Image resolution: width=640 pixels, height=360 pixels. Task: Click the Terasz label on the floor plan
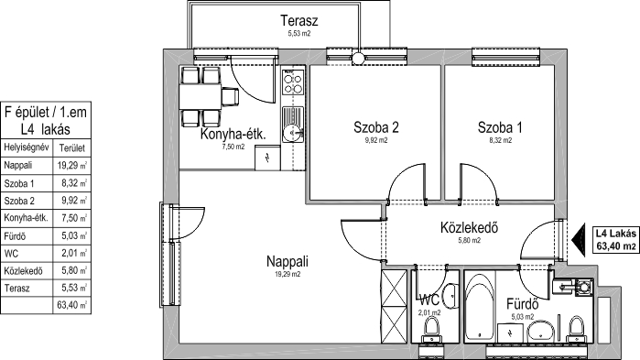click(298, 20)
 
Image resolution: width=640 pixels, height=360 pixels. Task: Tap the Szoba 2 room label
click(376, 127)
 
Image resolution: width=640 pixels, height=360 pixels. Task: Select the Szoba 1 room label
click(500, 127)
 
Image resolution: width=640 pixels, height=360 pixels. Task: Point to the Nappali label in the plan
click(287, 261)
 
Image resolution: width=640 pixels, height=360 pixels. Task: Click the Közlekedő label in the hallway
click(469, 227)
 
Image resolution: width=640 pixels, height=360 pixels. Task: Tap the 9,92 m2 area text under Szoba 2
click(376, 140)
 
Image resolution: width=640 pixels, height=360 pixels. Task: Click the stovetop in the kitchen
click(293, 82)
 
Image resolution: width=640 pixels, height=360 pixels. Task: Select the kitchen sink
click(293, 125)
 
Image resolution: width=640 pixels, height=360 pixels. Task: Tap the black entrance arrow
click(578, 240)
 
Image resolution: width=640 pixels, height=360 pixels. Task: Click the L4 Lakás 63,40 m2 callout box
click(615, 240)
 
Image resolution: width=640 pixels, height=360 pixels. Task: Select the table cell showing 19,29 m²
click(71, 166)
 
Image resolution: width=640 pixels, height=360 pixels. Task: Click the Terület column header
click(71, 147)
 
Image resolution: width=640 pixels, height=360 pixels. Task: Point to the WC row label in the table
click(11, 254)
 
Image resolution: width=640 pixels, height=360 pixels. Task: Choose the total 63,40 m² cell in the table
click(71, 305)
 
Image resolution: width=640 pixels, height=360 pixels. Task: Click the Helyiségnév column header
click(27, 147)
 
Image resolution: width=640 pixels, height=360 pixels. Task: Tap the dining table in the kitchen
click(201, 96)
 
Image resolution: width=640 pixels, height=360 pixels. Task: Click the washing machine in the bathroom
click(584, 287)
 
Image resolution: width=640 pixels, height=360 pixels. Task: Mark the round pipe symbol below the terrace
click(358, 59)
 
